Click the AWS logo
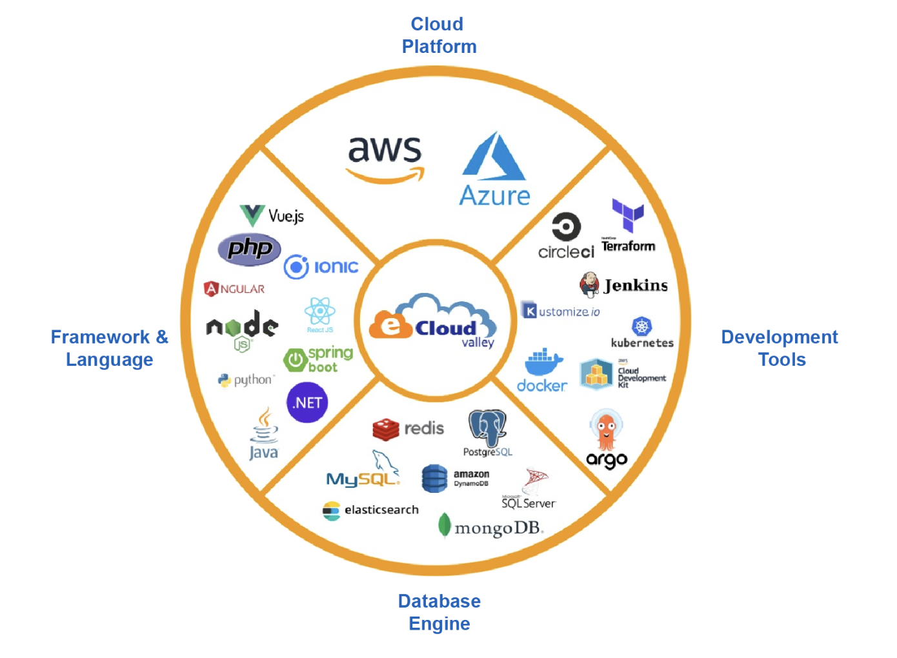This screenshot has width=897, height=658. pyautogui.click(x=385, y=158)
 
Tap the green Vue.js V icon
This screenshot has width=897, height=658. pyautogui.click(x=252, y=215)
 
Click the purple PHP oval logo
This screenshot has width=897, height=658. pyautogui.click(x=250, y=249)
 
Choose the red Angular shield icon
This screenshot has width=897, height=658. pyautogui.click(x=211, y=288)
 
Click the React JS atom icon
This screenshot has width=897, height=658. pyautogui.click(x=320, y=312)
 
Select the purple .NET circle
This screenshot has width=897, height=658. pyautogui.click(x=307, y=403)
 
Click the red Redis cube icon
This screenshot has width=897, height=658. pyautogui.click(x=386, y=429)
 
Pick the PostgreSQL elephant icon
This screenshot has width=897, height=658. pyautogui.click(x=487, y=427)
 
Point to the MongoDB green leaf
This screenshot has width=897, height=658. pyautogui.click(x=444, y=525)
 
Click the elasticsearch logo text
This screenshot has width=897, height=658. pyautogui.click(x=381, y=510)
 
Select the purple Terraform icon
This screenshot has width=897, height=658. pyautogui.click(x=628, y=215)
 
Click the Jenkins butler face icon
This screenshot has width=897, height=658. pyautogui.click(x=589, y=284)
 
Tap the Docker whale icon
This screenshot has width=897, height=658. pyautogui.click(x=543, y=363)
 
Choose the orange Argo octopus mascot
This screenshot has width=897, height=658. pyautogui.click(x=606, y=430)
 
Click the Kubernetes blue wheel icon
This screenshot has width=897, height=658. pyautogui.click(x=641, y=326)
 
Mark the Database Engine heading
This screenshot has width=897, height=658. pyautogui.click(x=439, y=612)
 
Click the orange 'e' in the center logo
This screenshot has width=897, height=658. pyautogui.click(x=390, y=325)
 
